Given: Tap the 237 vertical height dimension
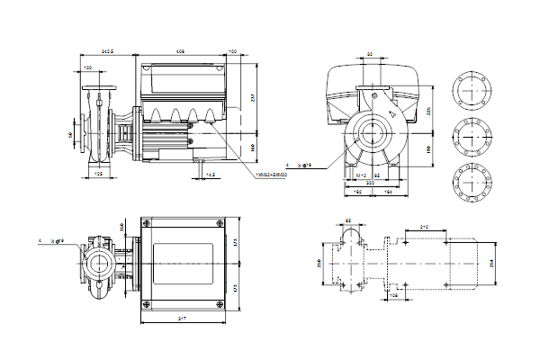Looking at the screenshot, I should click(x=254, y=98).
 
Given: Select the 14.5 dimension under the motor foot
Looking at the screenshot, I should click(x=210, y=174).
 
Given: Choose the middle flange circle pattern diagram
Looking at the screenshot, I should click(x=472, y=134).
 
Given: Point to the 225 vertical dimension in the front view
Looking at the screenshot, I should click(x=429, y=111).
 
